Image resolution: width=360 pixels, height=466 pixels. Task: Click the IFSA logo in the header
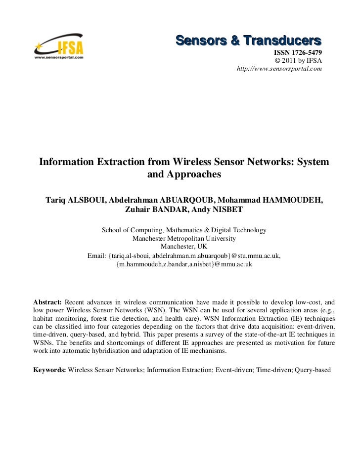click(x=58, y=48)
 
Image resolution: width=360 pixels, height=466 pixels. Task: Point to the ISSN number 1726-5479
click(x=305, y=53)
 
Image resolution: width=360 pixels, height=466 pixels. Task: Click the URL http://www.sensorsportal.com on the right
click(x=280, y=69)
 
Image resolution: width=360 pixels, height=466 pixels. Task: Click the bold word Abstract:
click(x=47, y=302)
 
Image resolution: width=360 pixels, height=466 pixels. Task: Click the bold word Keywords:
click(x=49, y=369)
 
